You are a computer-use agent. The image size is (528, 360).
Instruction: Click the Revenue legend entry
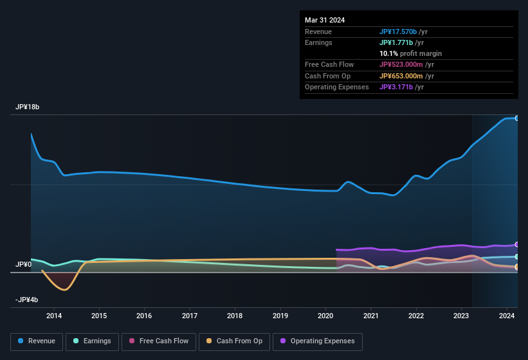pyautogui.click(x=37, y=341)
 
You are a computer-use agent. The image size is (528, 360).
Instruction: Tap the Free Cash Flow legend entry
pyautogui.click(x=159, y=341)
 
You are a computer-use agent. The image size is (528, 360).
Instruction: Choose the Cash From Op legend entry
pyautogui.click(x=233, y=341)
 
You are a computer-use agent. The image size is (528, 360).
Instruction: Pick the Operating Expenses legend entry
pyautogui.click(x=317, y=341)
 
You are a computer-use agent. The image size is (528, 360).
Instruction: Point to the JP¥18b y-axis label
pyautogui.click(x=28, y=107)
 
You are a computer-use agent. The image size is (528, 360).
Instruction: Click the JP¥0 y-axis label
pyautogui.click(x=23, y=264)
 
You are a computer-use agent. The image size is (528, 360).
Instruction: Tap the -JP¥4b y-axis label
pyautogui.click(x=27, y=300)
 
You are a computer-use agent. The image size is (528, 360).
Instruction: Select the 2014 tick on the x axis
pyautogui.click(x=54, y=316)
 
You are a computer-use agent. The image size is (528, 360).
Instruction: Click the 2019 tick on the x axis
pyautogui.click(x=280, y=316)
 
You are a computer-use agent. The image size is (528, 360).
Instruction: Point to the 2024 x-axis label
pyautogui.click(x=507, y=316)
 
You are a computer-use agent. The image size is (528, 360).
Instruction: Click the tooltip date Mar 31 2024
pyautogui.click(x=325, y=20)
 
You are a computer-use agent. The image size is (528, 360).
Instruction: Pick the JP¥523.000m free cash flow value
pyautogui.click(x=406, y=64)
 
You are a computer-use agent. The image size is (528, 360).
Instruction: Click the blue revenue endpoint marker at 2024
pyautogui.click(x=517, y=118)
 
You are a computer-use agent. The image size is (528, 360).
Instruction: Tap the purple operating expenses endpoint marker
pyautogui.click(x=517, y=244)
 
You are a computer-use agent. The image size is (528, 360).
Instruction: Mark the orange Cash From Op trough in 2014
pyautogui.click(x=64, y=289)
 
